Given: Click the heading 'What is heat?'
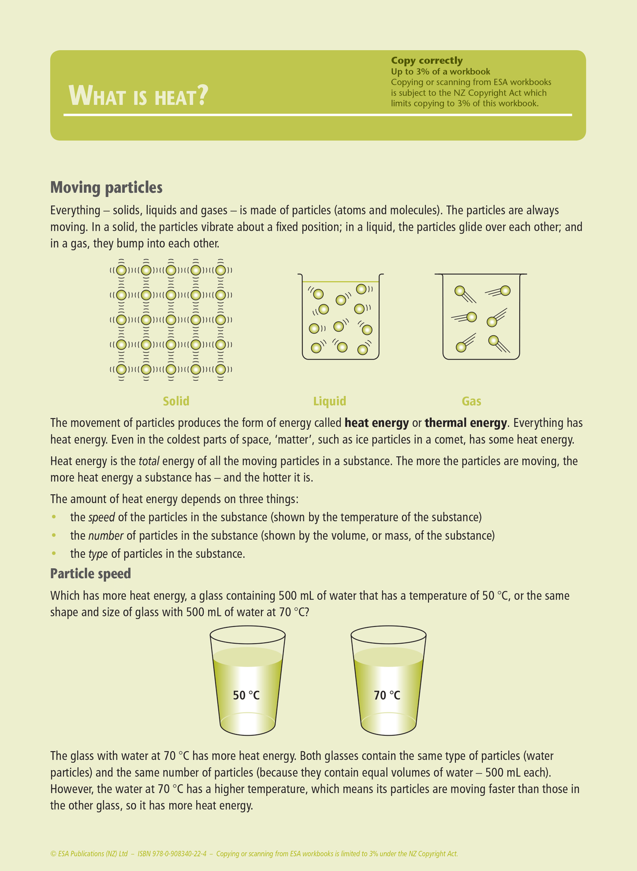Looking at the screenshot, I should point(138,96).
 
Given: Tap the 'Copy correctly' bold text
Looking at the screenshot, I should point(426,60).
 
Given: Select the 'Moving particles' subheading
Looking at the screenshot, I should point(106,187).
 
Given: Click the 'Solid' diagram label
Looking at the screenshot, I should point(176,401).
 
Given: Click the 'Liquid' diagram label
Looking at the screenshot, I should point(329,401).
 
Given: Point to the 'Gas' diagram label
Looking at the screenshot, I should point(471,401).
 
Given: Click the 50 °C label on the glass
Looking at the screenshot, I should point(246,695).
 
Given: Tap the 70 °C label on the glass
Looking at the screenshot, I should point(387,695).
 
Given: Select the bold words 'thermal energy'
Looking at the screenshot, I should point(466,423).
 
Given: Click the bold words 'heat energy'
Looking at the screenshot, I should point(376,423).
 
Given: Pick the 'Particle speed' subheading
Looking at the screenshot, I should point(90,574).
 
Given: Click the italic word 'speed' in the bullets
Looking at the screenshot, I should point(101,517).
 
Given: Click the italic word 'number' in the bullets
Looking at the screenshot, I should point(106,536).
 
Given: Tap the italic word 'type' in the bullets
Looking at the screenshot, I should point(98,554).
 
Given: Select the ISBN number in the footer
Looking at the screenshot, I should point(172,854).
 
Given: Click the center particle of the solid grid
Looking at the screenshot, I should point(171,319).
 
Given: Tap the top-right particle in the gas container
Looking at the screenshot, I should point(505,291).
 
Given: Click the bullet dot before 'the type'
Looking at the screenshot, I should point(54,553).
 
